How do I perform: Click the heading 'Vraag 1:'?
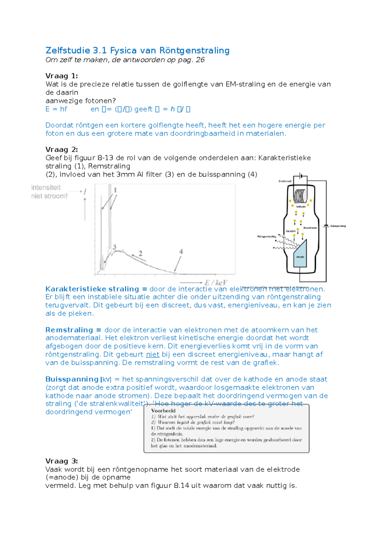coord(61,76)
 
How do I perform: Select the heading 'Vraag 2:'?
coord(61,150)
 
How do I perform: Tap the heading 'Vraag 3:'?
coord(61,461)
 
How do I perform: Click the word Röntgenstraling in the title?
coord(194,50)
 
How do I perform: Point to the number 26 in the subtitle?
coord(200,60)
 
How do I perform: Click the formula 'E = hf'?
coord(56,109)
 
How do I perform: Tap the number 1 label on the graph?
coord(115,190)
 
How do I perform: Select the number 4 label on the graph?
coord(181,252)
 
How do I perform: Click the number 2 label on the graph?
coord(140,253)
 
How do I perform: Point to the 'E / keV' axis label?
coord(216,282)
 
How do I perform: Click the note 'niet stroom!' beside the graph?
coord(49,196)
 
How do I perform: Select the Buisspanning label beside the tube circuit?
coord(338,226)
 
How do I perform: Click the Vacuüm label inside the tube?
coord(290,231)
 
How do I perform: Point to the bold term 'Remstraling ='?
coord(73,330)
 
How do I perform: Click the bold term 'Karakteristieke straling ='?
coord(96,289)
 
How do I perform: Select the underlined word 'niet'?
coord(152,355)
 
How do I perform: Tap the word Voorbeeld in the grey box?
coord(163,411)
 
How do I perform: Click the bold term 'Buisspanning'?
coord(72,379)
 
